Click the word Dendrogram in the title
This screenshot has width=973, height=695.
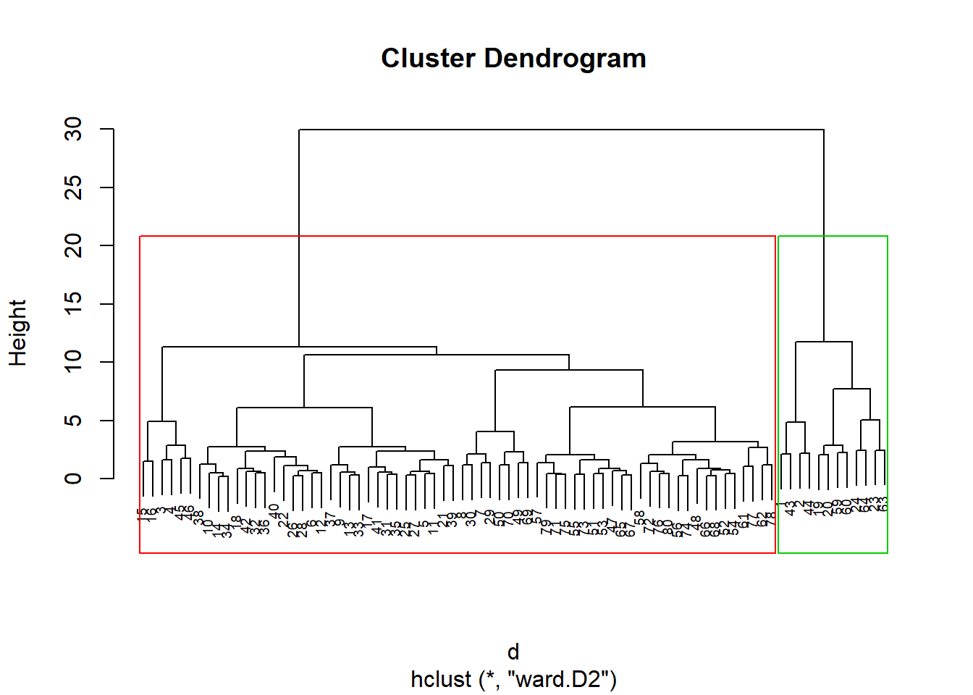[x=565, y=59]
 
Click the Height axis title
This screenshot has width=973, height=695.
[x=17, y=333]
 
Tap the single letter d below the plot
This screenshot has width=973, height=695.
[x=513, y=652]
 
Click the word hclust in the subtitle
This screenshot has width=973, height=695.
[x=441, y=680]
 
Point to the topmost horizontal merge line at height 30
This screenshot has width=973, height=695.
[x=561, y=130]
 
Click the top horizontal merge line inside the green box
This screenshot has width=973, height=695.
[x=824, y=342]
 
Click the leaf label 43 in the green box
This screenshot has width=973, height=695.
[x=791, y=508]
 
